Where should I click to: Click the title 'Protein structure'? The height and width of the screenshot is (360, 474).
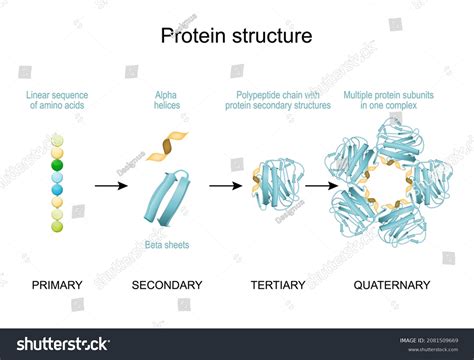tap(237, 36)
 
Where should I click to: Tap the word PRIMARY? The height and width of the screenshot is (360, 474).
tap(57, 285)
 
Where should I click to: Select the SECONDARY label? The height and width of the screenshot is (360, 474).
tap(167, 285)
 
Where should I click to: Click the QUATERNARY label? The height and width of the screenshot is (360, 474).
tap(392, 285)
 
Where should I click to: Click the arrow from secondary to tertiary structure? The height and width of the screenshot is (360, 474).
tap(225, 185)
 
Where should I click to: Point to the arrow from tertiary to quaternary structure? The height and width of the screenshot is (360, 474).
tap(320, 185)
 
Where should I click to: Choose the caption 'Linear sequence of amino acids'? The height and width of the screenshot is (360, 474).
tap(57, 101)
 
